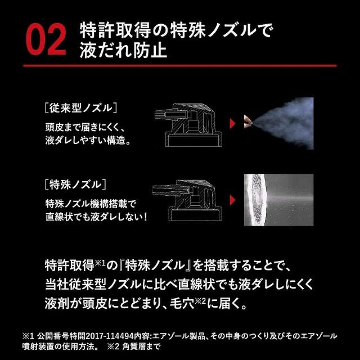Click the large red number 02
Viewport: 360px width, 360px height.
pos(46,39)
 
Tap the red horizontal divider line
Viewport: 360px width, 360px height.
pos(180,66)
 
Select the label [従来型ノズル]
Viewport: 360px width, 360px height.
pos(81,108)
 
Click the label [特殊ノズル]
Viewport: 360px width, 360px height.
pos(75,184)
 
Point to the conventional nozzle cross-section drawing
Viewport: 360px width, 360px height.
pos(188,125)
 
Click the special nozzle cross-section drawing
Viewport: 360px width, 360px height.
pos(187,200)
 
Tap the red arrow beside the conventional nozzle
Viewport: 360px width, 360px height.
pos(232,124)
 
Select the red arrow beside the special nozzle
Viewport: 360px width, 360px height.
pos(232,200)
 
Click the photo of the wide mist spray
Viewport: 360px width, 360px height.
pos(279,123)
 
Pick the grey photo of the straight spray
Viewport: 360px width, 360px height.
pos(279,200)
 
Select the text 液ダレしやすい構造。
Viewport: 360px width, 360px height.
pos(88,140)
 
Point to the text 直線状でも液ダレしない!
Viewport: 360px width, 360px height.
pos(96,217)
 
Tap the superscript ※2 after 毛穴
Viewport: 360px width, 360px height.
pos(200,301)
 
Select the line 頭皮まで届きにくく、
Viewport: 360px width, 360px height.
pos(85,127)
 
